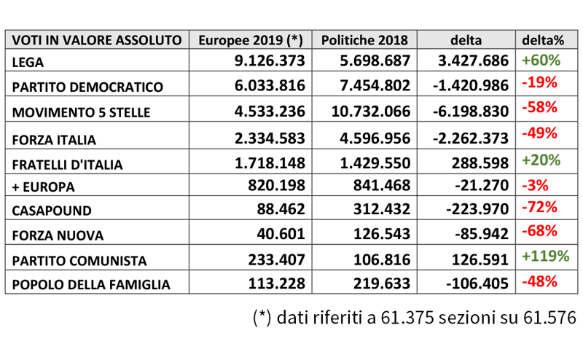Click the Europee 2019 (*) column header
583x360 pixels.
[x=251, y=40]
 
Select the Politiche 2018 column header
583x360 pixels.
[x=364, y=40]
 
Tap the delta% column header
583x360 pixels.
[x=543, y=40]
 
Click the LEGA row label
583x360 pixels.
[x=28, y=63]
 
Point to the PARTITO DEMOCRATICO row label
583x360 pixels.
[x=87, y=87]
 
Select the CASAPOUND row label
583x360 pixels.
[x=52, y=211]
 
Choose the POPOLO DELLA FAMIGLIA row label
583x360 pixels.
[x=91, y=285]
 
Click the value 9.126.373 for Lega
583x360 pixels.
[x=270, y=60]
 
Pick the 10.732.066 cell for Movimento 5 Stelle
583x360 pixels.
[x=371, y=111]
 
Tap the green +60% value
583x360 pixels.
[x=541, y=60]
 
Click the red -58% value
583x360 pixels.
[x=539, y=107]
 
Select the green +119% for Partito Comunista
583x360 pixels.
[x=545, y=256]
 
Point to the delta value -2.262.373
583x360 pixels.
[x=471, y=138]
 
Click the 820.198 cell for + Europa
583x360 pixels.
[x=277, y=185]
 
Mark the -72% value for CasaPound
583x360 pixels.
[x=539, y=207]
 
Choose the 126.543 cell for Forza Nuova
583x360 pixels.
[x=382, y=234]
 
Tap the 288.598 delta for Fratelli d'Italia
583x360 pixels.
[x=480, y=163]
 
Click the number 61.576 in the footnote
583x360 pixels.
[x=549, y=318]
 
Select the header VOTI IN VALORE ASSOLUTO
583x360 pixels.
[x=97, y=40]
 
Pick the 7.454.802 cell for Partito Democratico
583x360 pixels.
[x=375, y=85]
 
